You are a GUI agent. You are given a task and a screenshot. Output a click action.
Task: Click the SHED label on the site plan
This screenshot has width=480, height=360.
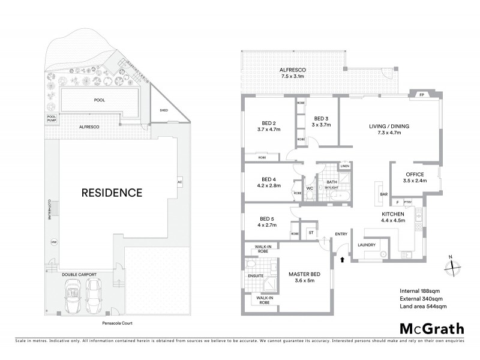pos(163,111)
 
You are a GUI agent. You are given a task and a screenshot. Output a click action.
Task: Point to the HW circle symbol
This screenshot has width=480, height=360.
pos(53,242)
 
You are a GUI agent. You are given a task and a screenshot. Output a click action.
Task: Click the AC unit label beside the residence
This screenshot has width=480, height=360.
pos(179,182)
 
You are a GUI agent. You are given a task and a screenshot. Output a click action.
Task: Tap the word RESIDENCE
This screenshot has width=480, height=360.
pos(112,193)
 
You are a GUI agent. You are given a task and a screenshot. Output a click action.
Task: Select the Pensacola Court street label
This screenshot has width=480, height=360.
pos(117,323)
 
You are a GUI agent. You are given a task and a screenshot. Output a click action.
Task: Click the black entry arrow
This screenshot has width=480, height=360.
pos(343,260)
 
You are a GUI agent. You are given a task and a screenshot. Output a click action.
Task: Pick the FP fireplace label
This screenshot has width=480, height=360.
pos(422,94)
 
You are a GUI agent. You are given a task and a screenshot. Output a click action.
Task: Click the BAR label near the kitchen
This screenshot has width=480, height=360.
pos(384,194)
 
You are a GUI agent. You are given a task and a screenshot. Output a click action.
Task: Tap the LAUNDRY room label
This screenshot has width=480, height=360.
pos(366,245)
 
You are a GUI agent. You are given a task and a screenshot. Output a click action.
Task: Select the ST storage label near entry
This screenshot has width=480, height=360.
pos(311,232)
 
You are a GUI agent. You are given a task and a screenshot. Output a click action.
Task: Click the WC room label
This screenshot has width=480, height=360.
pos(310,188)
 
